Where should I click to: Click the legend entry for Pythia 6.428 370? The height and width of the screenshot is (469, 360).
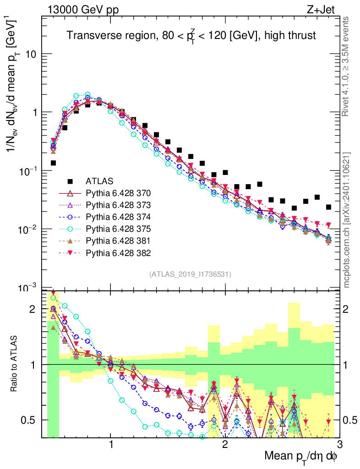click(118, 193)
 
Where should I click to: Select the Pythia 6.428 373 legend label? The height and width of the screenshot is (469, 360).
click(118, 205)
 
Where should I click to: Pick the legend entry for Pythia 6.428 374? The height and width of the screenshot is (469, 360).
click(118, 217)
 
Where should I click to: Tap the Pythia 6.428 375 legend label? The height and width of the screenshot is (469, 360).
click(118, 229)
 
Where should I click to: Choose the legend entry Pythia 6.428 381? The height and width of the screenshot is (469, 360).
click(118, 240)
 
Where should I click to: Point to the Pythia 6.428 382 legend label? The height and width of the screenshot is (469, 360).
click(118, 252)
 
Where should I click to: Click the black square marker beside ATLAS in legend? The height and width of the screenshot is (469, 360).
click(70, 181)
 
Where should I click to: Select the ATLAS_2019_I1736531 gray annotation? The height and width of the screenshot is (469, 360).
click(190, 274)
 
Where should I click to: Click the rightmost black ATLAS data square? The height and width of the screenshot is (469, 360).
click(328, 207)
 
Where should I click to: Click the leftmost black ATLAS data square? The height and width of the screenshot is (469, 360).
click(53, 163)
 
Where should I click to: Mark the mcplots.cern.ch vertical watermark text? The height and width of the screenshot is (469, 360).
click(347, 220)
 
